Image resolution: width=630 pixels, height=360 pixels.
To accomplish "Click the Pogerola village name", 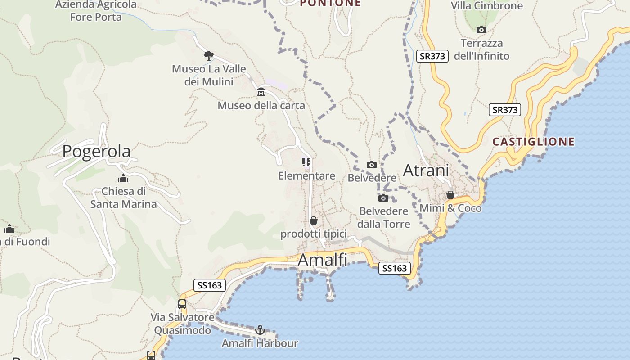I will (x=96, y=151).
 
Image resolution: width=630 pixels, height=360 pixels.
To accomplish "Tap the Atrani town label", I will (x=426, y=171).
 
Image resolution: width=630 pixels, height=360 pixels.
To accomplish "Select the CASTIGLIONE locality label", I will (x=533, y=142).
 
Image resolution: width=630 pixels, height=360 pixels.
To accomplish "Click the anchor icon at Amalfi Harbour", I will (x=260, y=330).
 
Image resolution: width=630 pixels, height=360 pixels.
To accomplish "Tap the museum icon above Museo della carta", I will (x=261, y=93).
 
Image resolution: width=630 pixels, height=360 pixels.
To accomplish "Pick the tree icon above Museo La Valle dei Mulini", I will (x=208, y=56).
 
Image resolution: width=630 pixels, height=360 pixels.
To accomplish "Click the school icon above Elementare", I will (x=306, y=162).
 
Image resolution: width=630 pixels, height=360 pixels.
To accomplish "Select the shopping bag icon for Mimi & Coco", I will (x=450, y=195).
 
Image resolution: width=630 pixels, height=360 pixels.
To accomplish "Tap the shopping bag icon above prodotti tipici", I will (x=314, y=220).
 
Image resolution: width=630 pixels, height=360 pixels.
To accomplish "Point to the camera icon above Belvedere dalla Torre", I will (x=383, y=198).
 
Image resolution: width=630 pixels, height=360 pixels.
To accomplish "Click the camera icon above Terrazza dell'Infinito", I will (x=481, y=30).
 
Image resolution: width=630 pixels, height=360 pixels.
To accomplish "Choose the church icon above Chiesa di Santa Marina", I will (x=123, y=178).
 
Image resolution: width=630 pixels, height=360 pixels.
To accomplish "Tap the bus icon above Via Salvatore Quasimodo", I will (x=182, y=304).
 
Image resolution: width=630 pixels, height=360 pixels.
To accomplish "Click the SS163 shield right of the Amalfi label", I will (x=395, y=269).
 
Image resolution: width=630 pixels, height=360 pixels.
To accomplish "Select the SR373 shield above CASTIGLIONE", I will (x=504, y=110).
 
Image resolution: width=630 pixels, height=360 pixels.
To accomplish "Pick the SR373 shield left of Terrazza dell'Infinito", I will (x=432, y=56).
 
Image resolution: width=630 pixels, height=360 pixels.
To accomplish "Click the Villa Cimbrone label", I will (x=487, y=6).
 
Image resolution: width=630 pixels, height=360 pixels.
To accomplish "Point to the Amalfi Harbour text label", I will (x=260, y=343).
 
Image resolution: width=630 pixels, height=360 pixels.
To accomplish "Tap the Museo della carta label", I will (x=261, y=106).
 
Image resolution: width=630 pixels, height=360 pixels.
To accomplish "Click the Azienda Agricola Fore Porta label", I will (x=96, y=11).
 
